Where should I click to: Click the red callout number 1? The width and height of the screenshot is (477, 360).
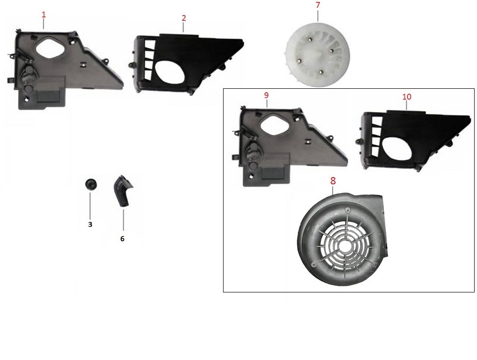pos(43,14)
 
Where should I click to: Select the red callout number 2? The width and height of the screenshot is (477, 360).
pos(184,18)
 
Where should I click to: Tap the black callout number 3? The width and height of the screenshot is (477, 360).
pos(90,224)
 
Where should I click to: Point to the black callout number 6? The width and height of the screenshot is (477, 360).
pos(122,239)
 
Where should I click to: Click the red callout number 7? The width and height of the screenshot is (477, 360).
pos(318,5)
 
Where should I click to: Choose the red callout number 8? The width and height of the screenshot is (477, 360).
pos(333,181)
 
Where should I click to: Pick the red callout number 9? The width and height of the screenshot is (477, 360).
pos(266,95)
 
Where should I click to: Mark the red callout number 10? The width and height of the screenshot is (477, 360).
pos(407,97)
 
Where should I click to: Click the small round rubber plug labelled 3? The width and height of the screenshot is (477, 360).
pos(90,184)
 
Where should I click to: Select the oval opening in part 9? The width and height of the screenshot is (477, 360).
pos(273,126)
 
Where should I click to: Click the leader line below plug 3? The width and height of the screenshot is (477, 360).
pos(90,205)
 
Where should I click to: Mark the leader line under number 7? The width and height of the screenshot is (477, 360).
pos(318,15)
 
